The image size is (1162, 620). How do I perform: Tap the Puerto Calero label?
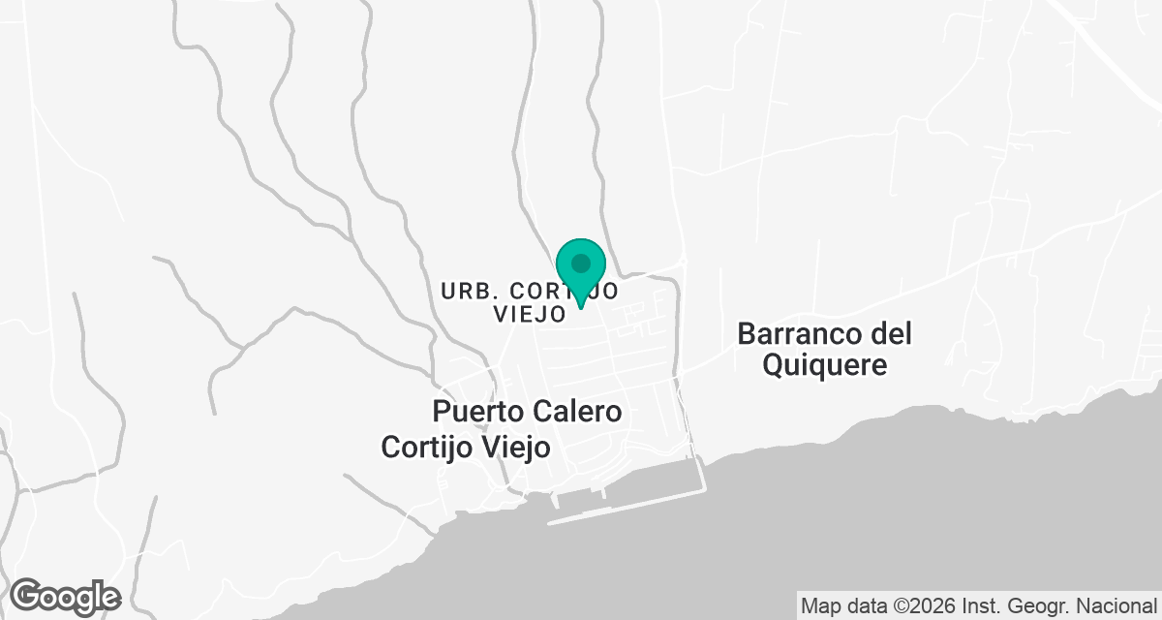point(527,412)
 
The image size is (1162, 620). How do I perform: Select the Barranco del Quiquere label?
point(824,350)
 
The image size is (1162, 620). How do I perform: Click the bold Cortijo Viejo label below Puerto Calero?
point(466,448)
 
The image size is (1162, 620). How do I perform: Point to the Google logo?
point(65,596)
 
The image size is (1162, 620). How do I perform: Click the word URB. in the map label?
point(469,291)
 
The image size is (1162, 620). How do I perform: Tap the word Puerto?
point(478,412)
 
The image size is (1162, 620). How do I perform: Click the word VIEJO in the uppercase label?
point(529,314)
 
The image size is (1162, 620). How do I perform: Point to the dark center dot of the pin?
point(581,263)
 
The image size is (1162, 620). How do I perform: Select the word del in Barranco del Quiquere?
point(891,334)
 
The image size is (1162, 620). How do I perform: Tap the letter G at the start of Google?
point(28,596)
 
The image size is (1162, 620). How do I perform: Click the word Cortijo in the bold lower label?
point(425,448)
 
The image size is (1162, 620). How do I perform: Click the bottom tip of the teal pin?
point(581,308)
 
